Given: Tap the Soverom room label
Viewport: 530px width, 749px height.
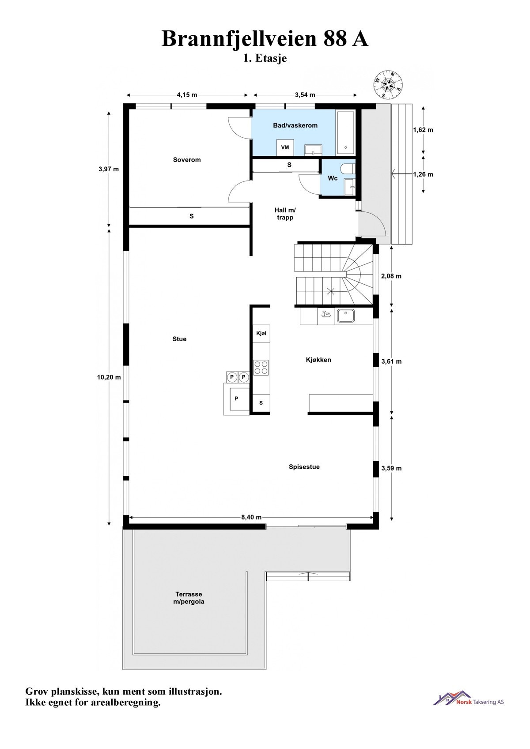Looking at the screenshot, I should (x=187, y=160).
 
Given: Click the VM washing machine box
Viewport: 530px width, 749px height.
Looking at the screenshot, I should (x=285, y=147).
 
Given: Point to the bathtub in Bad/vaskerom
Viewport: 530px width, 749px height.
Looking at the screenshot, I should (x=346, y=132).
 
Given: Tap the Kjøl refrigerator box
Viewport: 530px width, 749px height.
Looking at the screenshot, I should (x=261, y=334).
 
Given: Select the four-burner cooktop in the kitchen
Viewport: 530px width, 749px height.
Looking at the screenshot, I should (x=261, y=368).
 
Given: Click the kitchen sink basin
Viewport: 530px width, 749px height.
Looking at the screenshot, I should (x=346, y=316).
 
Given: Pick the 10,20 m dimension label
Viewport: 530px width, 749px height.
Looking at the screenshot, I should (x=109, y=377).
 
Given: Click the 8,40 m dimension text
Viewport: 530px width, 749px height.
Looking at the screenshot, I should (x=251, y=517).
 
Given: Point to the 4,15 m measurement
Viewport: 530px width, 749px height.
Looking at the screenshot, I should (x=187, y=95).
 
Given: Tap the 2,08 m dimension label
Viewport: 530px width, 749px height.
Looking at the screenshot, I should (x=391, y=276).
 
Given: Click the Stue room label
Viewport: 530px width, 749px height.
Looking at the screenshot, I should (x=179, y=339).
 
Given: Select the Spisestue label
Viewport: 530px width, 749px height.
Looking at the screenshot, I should (x=304, y=467).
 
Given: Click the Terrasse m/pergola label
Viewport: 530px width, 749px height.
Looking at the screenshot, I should (x=189, y=598).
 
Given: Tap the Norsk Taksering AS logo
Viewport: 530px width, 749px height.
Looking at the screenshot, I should (x=469, y=698).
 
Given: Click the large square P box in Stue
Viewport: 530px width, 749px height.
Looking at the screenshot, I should (x=236, y=398).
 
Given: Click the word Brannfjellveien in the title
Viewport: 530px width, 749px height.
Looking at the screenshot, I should (x=239, y=39).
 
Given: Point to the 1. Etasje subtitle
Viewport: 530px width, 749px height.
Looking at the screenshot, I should (x=265, y=58).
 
